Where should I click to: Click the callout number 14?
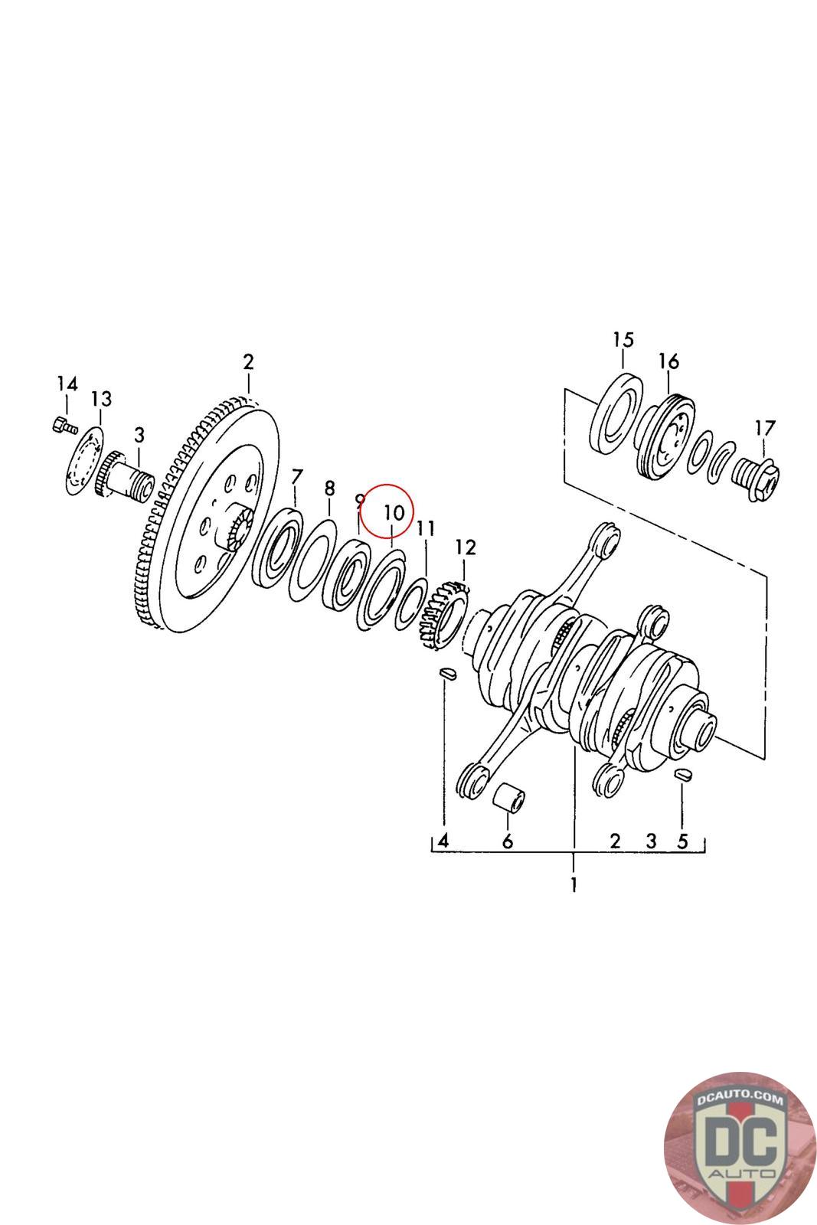click(67, 383)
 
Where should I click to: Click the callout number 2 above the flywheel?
click(248, 361)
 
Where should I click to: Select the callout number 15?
click(624, 339)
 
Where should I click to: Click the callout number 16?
click(668, 361)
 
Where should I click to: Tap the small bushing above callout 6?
click(508, 802)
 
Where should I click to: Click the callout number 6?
click(507, 842)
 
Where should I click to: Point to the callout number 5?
click(682, 841)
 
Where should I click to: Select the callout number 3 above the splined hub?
click(139, 435)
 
